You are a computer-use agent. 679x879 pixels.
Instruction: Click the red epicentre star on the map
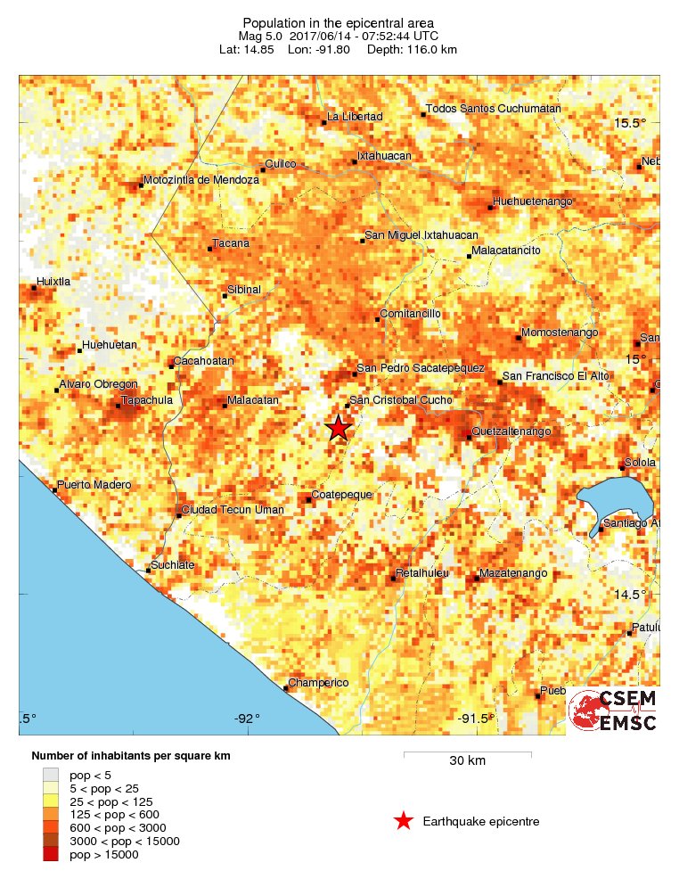pyautogui.click(x=338, y=428)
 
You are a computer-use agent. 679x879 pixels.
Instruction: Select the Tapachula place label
pyautogui.click(x=146, y=401)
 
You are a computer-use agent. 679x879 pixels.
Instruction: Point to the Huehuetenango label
pyautogui.click(x=532, y=202)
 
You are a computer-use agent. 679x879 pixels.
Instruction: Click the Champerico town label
pyautogui.click(x=318, y=683)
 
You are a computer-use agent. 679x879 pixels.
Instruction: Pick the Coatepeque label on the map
pyautogui.click(x=341, y=495)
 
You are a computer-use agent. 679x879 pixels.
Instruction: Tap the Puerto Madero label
pyautogui.click(x=94, y=485)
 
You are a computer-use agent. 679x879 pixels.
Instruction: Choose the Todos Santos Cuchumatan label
pyautogui.click(x=493, y=109)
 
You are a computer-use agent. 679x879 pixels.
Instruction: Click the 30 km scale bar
pyautogui.click(x=467, y=754)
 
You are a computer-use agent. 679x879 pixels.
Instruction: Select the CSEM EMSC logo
pyautogui.click(x=614, y=711)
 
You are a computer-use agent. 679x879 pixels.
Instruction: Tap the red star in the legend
pyautogui.click(x=403, y=821)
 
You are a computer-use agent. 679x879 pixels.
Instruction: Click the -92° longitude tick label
pyautogui.click(x=247, y=719)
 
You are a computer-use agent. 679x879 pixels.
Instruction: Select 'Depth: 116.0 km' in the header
pyautogui.click(x=420, y=50)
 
